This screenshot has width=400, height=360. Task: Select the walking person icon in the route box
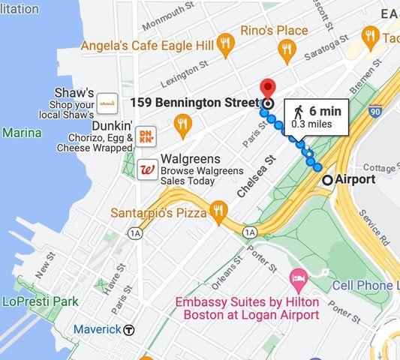pyautogui.click(x=298, y=112)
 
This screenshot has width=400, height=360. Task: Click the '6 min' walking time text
pyautogui.click(x=325, y=111)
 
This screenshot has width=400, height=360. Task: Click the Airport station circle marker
pyautogui.click(x=327, y=180)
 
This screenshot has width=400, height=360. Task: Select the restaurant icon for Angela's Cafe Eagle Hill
pyautogui.click(x=226, y=45)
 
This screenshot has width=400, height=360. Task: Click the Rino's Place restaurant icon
pyautogui.click(x=285, y=50)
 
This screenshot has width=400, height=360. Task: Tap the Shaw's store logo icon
pyautogui.click(x=107, y=100)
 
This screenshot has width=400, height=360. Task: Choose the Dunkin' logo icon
pyautogui.click(x=146, y=135)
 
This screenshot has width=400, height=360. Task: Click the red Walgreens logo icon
pyautogui.click(x=148, y=169)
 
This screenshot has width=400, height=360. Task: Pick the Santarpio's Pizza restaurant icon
pyautogui.click(x=218, y=212)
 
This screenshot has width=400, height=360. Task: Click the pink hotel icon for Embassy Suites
pyautogui.click(x=299, y=283)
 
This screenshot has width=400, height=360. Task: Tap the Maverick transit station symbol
pyautogui.click(x=129, y=329)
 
